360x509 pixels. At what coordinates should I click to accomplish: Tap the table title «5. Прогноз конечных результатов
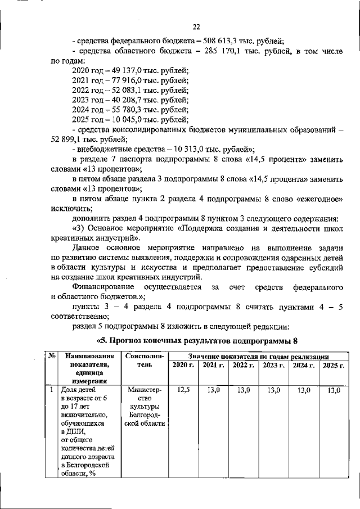(196, 340)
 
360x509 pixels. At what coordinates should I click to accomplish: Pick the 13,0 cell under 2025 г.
(334, 389)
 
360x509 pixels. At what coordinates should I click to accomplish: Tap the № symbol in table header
(51, 356)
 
